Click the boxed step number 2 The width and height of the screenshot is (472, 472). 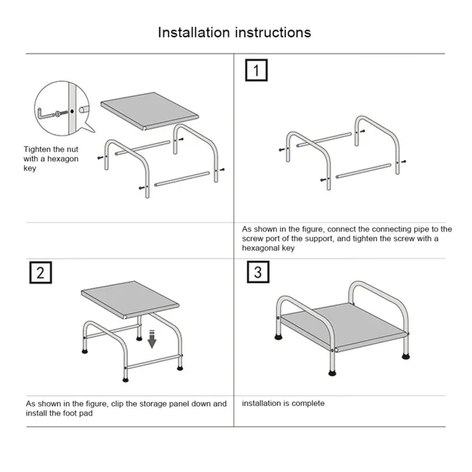(39, 273)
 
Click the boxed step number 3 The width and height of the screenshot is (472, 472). (257, 271)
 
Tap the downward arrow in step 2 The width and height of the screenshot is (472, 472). (151, 339)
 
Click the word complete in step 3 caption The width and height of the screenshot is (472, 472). (307, 403)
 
